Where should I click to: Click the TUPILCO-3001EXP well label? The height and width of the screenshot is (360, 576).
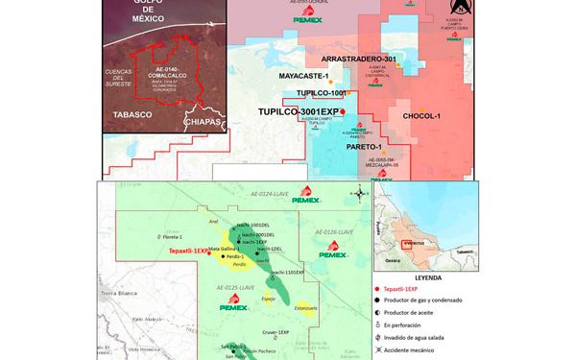300,112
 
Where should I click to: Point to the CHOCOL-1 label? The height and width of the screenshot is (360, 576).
421,116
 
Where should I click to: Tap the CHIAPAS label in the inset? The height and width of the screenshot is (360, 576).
204,122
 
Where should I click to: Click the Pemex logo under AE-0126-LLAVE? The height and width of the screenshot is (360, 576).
332,251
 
